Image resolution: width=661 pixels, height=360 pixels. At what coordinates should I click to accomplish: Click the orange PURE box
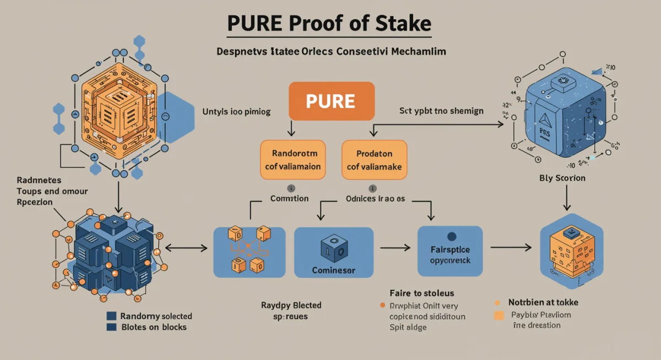tap(332, 101)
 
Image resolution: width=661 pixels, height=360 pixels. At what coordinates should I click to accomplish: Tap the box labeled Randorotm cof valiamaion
tap(292, 159)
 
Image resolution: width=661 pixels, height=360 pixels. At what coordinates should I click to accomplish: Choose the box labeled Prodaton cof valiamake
tap(375, 159)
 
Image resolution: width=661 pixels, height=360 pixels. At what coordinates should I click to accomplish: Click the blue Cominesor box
tap(334, 253)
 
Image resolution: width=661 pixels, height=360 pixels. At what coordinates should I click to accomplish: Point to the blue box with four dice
tap(249, 251)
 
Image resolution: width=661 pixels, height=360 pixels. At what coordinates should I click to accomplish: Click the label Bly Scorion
tap(562, 178)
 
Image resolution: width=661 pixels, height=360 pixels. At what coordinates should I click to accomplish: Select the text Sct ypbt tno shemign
tap(441, 111)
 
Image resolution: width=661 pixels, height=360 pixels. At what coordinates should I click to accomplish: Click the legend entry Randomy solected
tap(156, 316)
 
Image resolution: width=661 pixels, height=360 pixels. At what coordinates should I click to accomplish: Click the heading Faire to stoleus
tap(421, 293)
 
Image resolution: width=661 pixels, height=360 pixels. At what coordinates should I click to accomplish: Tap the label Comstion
tap(290, 198)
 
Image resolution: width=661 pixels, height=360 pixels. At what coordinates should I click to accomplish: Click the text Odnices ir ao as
tap(375, 199)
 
